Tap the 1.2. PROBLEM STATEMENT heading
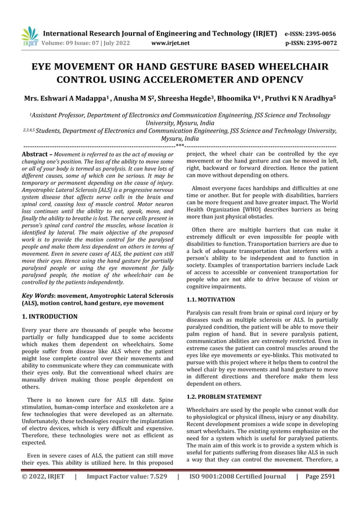[x=225, y=396]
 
